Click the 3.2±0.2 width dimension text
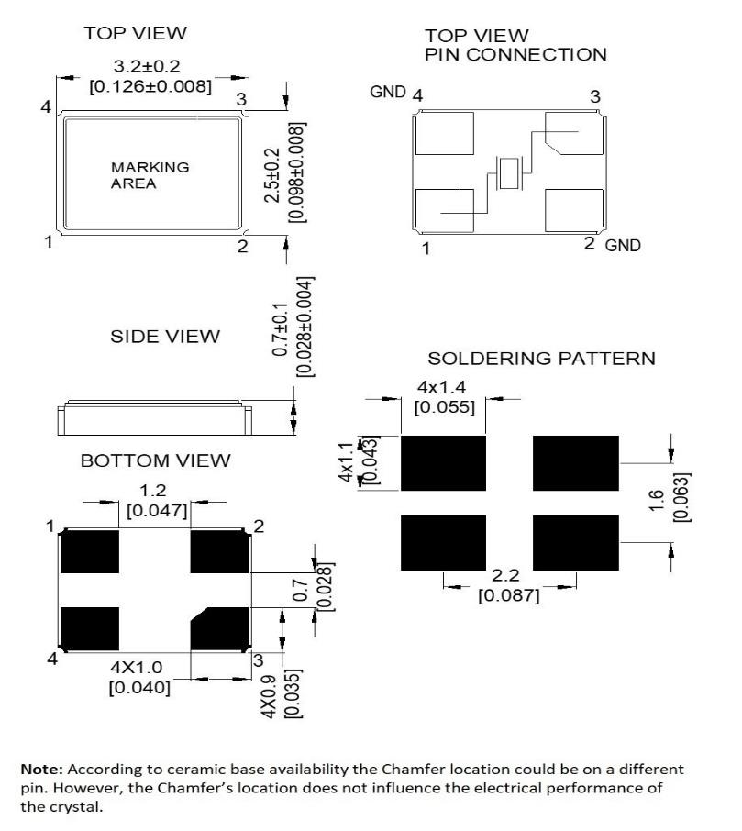(x=147, y=69)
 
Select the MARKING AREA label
(x=138, y=175)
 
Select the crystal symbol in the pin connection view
(x=507, y=173)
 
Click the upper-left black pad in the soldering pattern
(x=443, y=463)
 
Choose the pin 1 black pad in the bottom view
(x=90, y=552)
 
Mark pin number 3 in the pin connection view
(x=595, y=96)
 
